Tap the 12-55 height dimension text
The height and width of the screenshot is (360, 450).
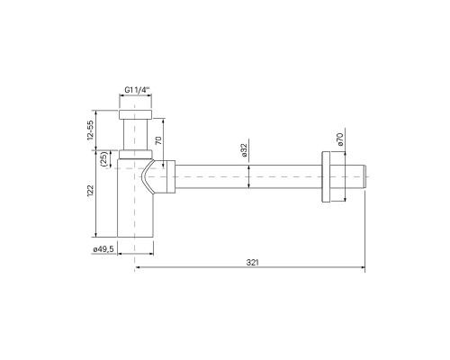pyautogui.click(x=92, y=132)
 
